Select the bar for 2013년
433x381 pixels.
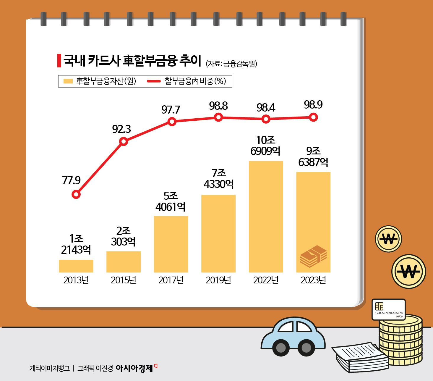pyautogui.click(x=76, y=266)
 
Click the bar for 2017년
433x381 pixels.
pyautogui.click(x=171, y=244)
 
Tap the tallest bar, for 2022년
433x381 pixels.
pyautogui.click(x=266, y=217)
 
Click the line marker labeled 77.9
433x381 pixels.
pyautogui.click(x=76, y=194)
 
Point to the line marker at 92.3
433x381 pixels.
pyautogui.click(x=124, y=141)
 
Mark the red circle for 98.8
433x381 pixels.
pyautogui.click(x=218, y=117)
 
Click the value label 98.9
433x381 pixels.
pyautogui.click(x=313, y=105)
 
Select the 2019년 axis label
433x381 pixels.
pyautogui.click(x=218, y=280)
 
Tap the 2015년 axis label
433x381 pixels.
pyautogui.click(x=124, y=280)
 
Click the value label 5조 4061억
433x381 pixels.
pyautogui.click(x=171, y=201)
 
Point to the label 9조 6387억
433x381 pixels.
pyautogui.click(x=313, y=156)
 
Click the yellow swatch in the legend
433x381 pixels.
pyautogui.click(x=68, y=81)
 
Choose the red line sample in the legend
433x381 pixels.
pyautogui.click(x=154, y=81)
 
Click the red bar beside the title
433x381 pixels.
pyautogui.click(x=59, y=60)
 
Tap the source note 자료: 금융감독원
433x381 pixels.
pyautogui.click(x=231, y=64)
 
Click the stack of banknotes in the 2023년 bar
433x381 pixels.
pyautogui.click(x=313, y=256)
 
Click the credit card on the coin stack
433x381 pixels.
pyautogui.click(x=388, y=309)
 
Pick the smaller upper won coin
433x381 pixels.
pyautogui.click(x=388, y=239)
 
